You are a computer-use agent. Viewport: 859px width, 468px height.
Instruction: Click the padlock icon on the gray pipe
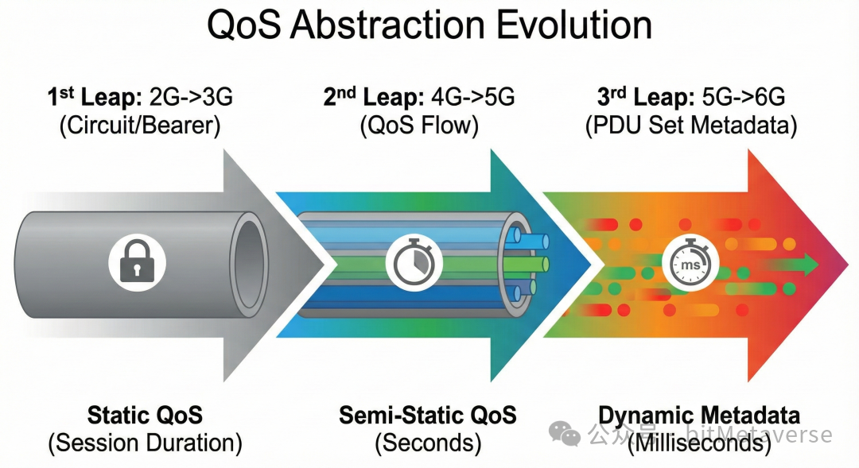[x=137, y=261]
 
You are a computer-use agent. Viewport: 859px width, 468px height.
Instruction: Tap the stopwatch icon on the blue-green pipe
[x=414, y=261]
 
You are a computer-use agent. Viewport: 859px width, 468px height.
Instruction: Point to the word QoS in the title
[x=243, y=25]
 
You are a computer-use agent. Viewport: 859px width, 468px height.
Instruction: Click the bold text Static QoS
[x=145, y=415]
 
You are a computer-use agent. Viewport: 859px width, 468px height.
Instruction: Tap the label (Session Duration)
[x=145, y=443]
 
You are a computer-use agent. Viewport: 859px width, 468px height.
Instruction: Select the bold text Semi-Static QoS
[x=428, y=415]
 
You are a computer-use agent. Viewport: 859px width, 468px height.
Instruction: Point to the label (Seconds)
[x=428, y=443]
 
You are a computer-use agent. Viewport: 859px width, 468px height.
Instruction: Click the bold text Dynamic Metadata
[x=699, y=415]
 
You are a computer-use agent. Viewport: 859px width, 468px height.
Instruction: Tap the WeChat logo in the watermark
[x=566, y=434]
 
